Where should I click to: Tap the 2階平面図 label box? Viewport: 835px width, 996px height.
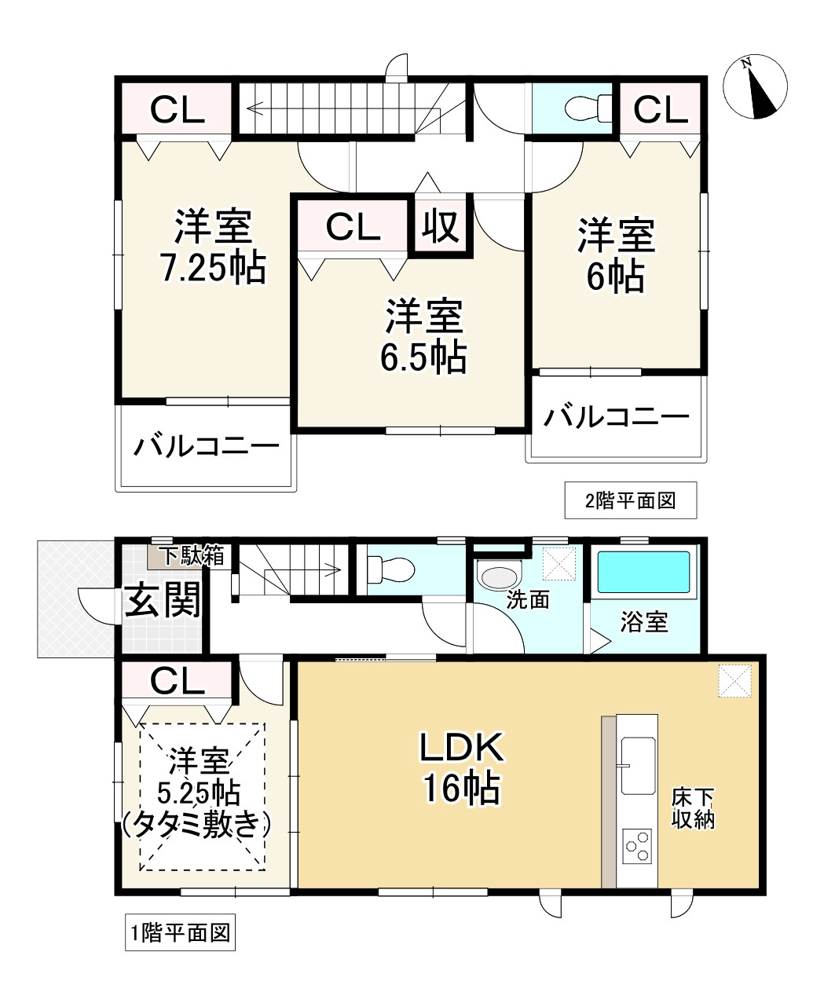tap(630, 501)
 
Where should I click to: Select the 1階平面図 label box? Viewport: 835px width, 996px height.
tap(180, 933)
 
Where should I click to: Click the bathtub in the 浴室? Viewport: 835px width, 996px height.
tap(644, 572)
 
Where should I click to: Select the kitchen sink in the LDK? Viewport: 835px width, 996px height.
tap(637, 765)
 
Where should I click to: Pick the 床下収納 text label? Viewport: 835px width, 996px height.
tap(692, 809)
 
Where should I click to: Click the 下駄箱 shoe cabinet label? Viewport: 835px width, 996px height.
tap(192, 556)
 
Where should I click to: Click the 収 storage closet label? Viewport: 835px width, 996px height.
tap(441, 227)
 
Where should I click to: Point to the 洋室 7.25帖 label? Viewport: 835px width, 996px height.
tap(212, 247)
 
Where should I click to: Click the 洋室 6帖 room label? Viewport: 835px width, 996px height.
tap(616, 256)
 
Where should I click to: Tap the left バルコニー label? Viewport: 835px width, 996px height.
tap(206, 448)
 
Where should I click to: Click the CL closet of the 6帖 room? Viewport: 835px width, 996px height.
tap(660, 110)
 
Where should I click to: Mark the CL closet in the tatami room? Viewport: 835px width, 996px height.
tap(177, 681)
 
